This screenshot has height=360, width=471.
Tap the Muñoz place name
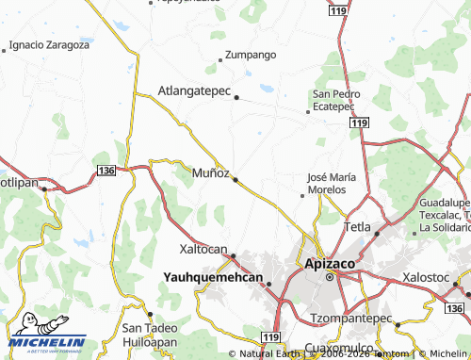tap(210, 173)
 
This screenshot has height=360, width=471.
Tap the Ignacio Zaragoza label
tap(49, 44)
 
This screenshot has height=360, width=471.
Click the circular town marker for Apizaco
tap(331, 279)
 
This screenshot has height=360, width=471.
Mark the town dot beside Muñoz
tap(235, 179)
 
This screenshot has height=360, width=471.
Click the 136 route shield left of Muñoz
tap(106, 168)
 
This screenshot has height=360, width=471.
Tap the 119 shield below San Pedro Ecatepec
tap(358, 123)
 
